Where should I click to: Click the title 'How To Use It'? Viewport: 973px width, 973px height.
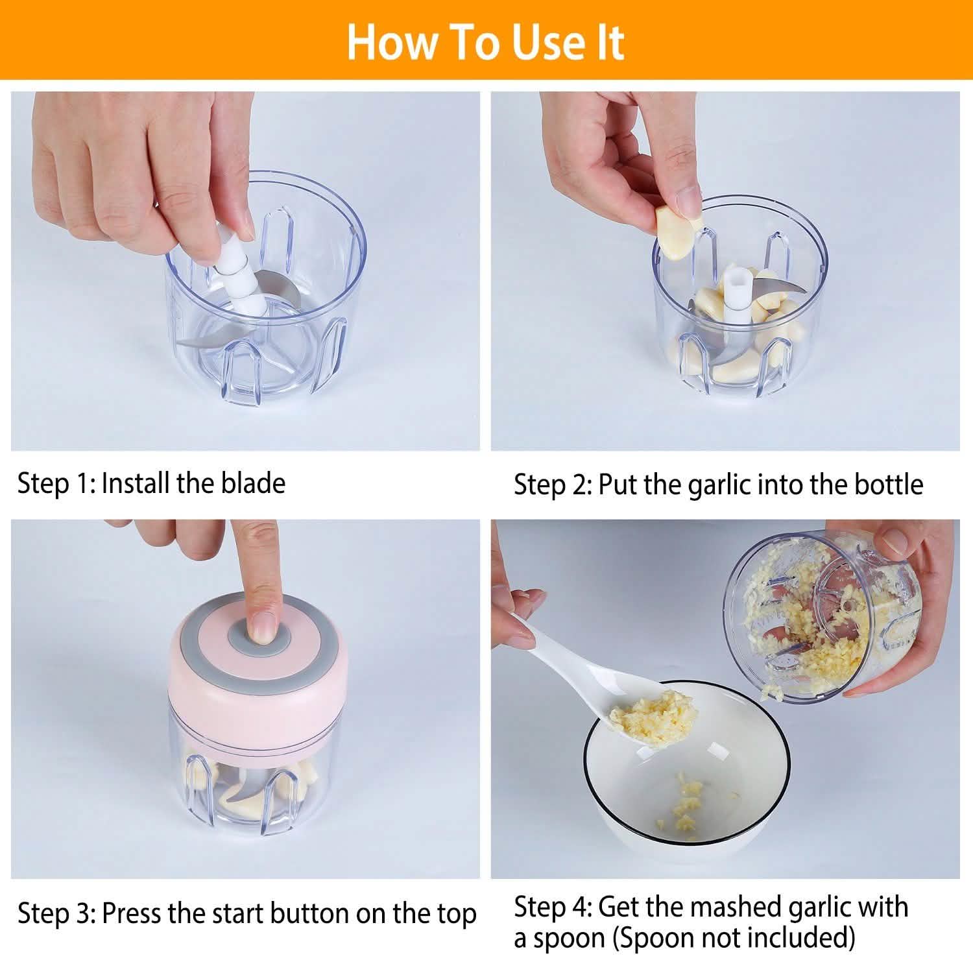click(485, 42)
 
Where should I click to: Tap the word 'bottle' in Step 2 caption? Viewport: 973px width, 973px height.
click(888, 485)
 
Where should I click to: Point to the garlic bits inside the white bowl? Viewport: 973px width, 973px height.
click(681, 803)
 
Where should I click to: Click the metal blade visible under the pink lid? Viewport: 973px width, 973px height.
click(250, 789)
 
